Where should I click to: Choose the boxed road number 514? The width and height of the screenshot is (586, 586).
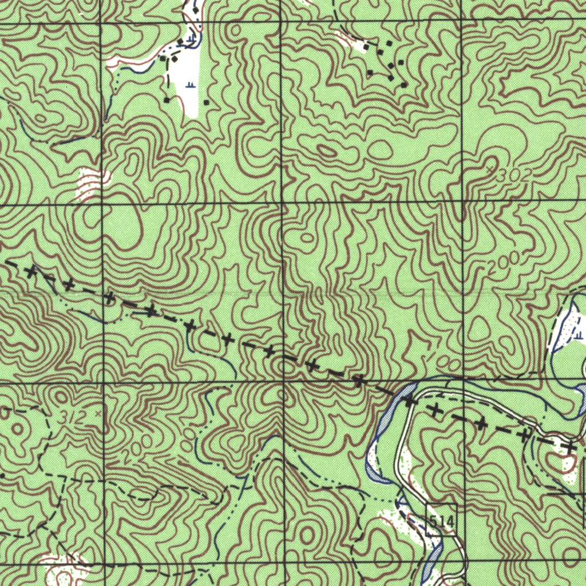coord(441,521)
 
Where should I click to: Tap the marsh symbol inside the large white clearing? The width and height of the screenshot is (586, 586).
coord(191,85)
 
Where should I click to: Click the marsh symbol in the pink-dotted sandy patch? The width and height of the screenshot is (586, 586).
coord(579,334)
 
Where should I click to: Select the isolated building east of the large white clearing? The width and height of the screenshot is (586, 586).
coord(206,102)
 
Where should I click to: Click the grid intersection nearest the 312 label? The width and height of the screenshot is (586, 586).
coord(102,381)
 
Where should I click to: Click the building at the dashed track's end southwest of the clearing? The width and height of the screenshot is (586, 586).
coord(166,100)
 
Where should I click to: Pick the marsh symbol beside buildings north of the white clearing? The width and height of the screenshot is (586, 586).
coord(191,38)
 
